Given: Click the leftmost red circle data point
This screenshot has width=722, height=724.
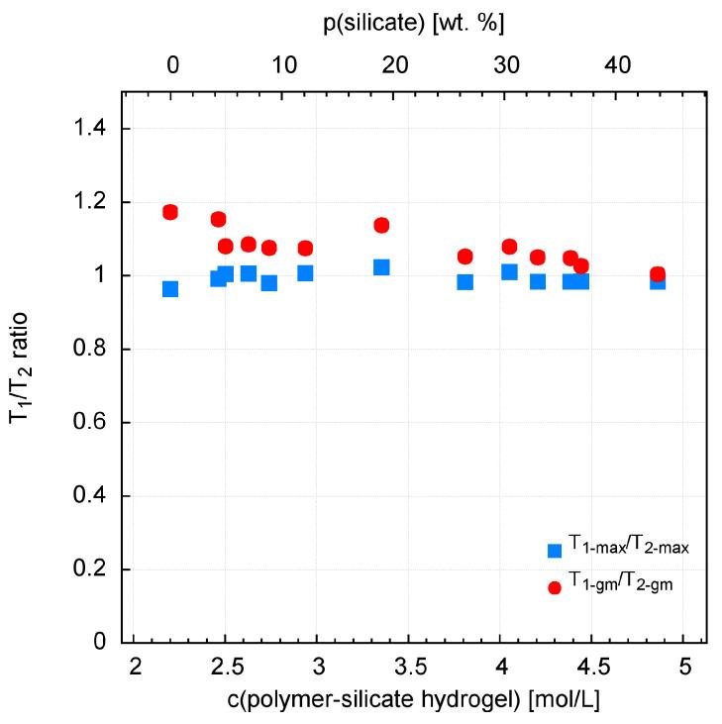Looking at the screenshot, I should pyautogui.click(x=170, y=212).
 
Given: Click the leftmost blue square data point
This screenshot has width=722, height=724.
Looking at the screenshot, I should pyautogui.click(x=170, y=289).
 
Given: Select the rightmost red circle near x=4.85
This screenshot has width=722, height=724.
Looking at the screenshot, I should pyautogui.click(x=657, y=274).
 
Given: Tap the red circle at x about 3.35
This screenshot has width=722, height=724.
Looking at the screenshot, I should pyautogui.click(x=381, y=225).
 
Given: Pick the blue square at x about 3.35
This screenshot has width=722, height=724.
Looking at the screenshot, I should pyautogui.click(x=381, y=267).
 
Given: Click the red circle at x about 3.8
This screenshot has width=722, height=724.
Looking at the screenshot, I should pyautogui.click(x=465, y=257).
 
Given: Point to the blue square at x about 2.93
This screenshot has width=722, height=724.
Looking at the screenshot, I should pyautogui.click(x=305, y=273).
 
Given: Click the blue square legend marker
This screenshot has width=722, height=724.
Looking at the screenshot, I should pyautogui.click(x=555, y=550).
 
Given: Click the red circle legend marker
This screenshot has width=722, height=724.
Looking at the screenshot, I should pyautogui.click(x=555, y=587).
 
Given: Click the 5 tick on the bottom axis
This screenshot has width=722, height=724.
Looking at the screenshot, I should pyautogui.click(x=683, y=666).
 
